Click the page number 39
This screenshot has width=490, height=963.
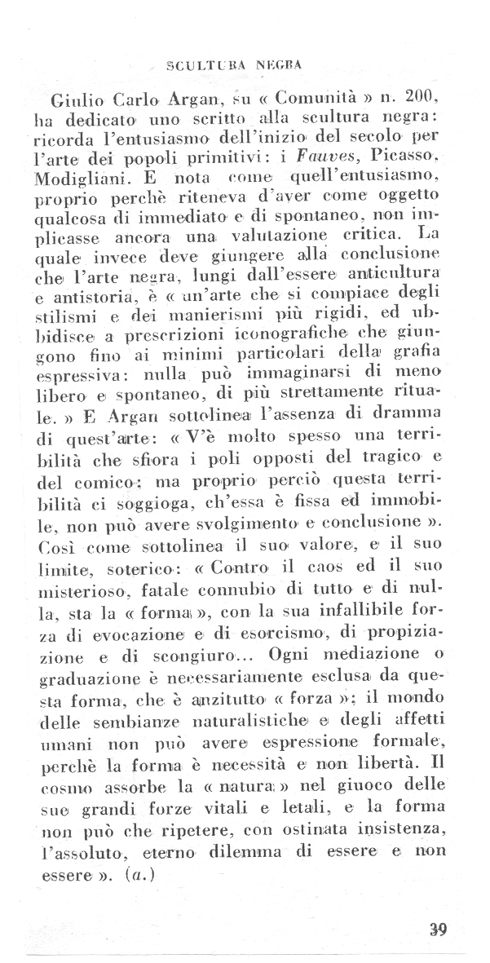(439, 930)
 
